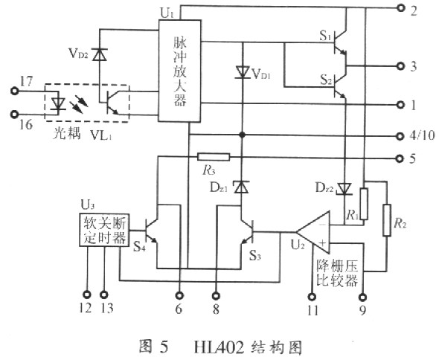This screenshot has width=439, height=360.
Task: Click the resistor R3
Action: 214,158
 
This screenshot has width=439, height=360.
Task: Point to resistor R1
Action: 364,202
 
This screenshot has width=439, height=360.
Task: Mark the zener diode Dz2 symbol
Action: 345,187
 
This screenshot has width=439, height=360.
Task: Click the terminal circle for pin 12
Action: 86,292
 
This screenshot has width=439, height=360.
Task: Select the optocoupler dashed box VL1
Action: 87,104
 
